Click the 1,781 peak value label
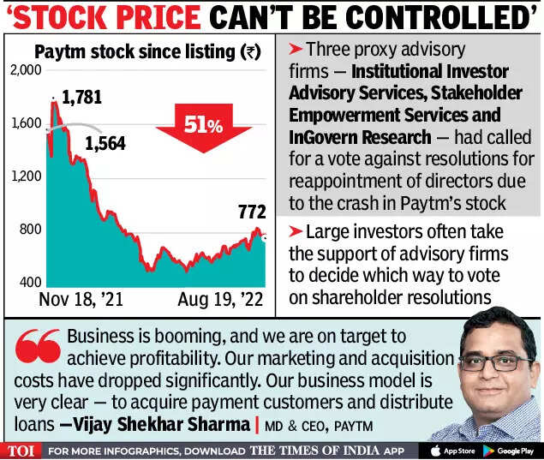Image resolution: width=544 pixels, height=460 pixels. coord(82,97)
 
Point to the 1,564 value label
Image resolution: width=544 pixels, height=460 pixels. coord(105,143)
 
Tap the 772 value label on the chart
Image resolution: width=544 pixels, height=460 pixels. coord(251,211)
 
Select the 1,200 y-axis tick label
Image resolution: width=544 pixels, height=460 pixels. coord(27,176)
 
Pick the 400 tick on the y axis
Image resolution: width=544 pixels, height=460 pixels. coord(31,283)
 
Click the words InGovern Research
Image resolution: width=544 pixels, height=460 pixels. coord(360,137)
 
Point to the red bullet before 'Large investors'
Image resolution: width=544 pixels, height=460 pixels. coord(295,230)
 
